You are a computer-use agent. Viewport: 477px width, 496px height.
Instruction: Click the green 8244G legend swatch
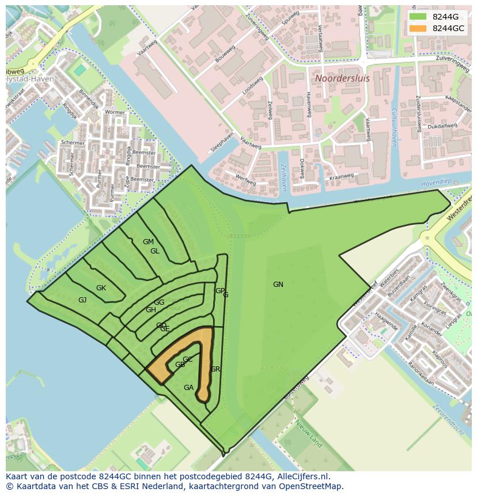pos(418,17)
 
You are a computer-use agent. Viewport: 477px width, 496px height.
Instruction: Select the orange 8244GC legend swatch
pos(418,28)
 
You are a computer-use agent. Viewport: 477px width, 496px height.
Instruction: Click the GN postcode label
pos(278,285)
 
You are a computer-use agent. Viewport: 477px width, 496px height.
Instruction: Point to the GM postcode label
pos(148,242)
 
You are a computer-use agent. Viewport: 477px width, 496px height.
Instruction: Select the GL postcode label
pos(154,251)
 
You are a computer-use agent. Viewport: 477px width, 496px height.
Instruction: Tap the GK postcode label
pos(101,288)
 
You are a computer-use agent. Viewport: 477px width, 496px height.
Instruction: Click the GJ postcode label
pos(82,300)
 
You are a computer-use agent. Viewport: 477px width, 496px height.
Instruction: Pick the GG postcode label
pos(159,302)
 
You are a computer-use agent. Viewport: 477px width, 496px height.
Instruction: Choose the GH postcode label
pos(150,310)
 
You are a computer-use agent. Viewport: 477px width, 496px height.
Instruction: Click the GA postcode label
pos(188,388)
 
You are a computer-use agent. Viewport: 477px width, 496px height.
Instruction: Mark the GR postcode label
pos(215,369)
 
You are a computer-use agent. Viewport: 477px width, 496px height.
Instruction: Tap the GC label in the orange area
pos(187,359)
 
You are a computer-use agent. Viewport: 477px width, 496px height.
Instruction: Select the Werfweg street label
pos(246,180)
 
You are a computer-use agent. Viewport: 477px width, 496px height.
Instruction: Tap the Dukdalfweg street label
pos(443,124)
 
